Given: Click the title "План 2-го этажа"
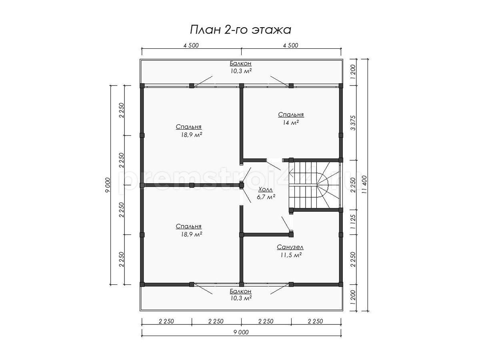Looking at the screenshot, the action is [240, 30].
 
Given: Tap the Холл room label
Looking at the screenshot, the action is [266, 189].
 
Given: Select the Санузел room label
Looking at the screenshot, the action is [290, 247].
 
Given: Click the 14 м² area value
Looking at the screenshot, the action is [291, 123].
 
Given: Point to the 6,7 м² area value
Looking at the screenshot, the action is [266, 197].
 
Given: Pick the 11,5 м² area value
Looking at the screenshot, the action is [291, 255].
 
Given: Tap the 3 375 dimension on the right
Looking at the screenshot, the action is [353, 123].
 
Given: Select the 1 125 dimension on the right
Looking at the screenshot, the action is [353, 222].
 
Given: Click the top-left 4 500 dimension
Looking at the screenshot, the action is [191, 46].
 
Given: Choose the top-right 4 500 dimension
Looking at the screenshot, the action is [291, 46].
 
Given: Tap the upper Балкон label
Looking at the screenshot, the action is [240, 64].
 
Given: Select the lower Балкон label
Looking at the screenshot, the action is [240, 291].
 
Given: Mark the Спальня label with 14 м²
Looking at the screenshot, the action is [291, 115].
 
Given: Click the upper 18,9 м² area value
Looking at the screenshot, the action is [191, 135].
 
